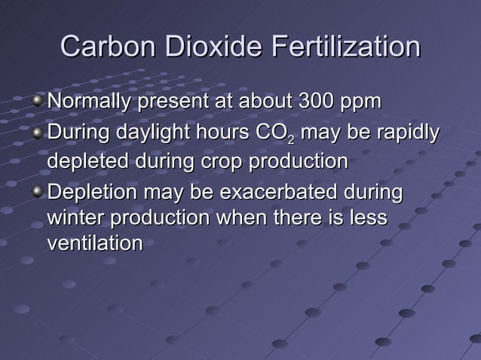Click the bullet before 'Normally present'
[38, 100]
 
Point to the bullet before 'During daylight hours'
[38, 134]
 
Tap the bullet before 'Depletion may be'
[38, 191]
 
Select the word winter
[75, 218]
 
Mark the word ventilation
[95, 244]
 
